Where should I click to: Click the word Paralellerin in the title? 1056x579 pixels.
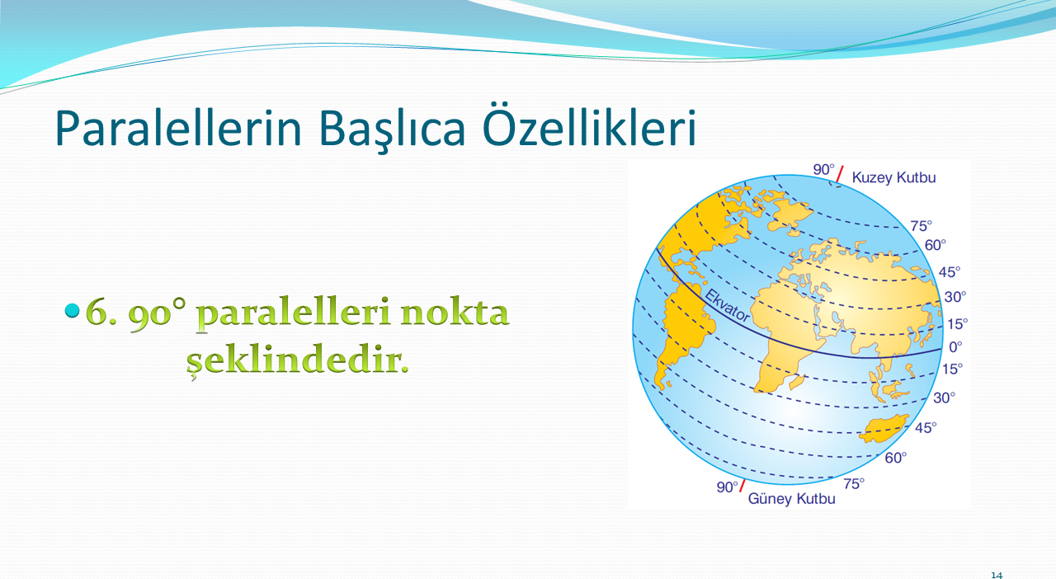point(178,128)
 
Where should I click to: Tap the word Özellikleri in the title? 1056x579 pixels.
point(589,124)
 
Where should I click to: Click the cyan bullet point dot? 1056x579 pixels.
point(72,310)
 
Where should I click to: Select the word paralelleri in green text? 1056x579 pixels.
point(294,313)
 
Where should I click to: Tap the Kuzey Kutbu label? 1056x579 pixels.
point(893,178)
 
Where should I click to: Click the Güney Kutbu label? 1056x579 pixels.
point(791,498)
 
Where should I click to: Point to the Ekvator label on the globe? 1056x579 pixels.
point(727,306)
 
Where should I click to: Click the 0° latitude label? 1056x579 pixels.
point(955,347)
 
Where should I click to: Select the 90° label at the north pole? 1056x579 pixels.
point(823,170)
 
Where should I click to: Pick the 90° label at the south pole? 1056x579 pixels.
point(727,487)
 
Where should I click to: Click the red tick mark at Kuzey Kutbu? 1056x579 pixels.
point(840,174)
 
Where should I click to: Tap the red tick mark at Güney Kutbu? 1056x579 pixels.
point(742,486)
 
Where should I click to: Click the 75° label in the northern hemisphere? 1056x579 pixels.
point(922,226)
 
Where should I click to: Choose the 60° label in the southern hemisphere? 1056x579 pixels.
point(895,458)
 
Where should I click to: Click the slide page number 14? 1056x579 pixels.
point(997,575)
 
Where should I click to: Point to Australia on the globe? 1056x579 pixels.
point(884,429)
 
